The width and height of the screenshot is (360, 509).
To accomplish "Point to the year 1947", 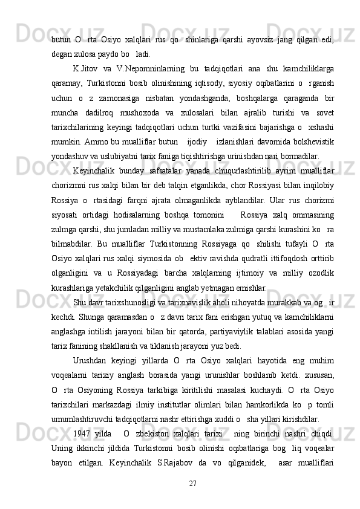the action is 83,432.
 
